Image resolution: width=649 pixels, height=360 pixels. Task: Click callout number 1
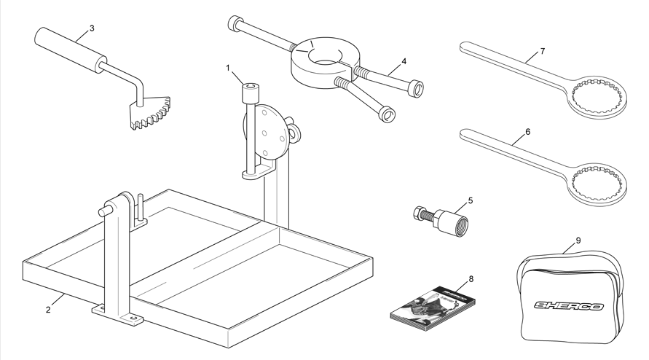click(x=228, y=68)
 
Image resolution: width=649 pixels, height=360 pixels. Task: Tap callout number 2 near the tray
click(x=48, y=310)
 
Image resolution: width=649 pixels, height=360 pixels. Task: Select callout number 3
click(x=92, y=28)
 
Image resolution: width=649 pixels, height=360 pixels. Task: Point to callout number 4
click(x=404, y=61)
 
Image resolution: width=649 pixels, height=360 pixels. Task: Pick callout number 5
click(x=471, y=200)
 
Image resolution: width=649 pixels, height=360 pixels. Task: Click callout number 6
click(x=528, y=132)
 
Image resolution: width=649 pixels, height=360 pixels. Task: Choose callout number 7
click(x=543, y=51)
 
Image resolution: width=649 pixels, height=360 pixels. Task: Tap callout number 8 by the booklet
click(x=471, y=279)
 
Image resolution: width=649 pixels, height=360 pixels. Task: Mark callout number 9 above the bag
click(x=578, y=240)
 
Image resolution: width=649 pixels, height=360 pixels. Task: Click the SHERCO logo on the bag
click(x=568, y=306)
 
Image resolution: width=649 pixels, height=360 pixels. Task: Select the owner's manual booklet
click(x=433, y=308)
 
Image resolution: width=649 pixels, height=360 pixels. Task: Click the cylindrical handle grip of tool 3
click(x=69, y=51)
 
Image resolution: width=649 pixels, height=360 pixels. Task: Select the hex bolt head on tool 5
click(x=418, y=214)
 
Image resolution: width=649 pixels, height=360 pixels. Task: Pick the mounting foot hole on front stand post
click(x=133, y=318)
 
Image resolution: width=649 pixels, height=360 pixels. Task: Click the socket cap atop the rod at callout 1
click(x=251, y=93)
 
